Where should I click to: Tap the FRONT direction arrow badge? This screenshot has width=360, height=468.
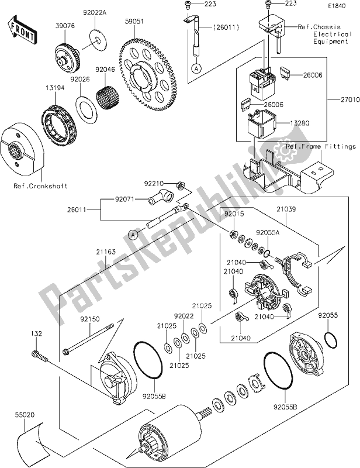(x=20, y=27)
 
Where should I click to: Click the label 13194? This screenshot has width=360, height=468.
(x=48, y=88)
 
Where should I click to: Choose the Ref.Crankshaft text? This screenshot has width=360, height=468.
(x=42, y=186)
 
